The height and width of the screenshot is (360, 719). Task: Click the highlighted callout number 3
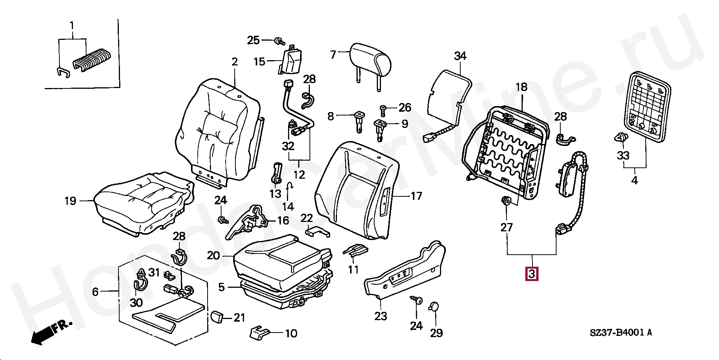[x=531, y=273]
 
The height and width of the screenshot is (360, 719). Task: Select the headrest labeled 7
[x=371, y=62]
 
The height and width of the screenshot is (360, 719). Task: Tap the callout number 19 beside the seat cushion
[x=70, y=201]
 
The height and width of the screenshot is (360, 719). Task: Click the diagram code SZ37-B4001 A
[x=620, y=333]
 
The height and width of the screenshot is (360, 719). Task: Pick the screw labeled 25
[x=279, y=41]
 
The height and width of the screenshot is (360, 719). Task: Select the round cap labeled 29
[x=434, y=307]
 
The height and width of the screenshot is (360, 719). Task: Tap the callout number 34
[x=460, y=56]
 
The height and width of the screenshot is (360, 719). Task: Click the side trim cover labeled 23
[x=404, y=270]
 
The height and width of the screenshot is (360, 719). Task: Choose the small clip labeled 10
[x=259, y=333]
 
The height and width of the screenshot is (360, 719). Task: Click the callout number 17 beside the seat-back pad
[x=416, y=196]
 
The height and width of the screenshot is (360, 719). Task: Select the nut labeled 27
[x=506, y=201]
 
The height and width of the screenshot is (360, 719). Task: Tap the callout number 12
[x=299, y=175]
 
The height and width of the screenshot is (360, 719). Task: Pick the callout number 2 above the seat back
[x=235, y=62]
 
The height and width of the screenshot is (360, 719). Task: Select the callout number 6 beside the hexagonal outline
[x=96, y=292]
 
